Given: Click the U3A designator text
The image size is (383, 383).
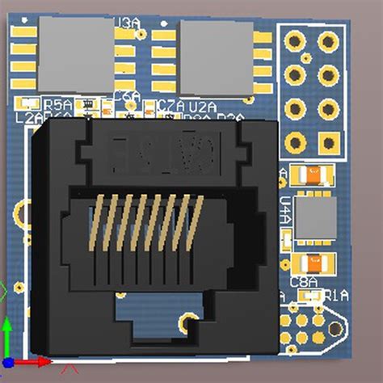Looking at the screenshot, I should [127, 23].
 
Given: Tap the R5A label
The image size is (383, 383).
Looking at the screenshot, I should [58, 104].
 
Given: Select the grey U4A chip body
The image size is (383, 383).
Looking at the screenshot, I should [314, 217].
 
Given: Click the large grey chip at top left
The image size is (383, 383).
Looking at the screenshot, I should [76, 53].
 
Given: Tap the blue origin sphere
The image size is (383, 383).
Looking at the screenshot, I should [7, 364].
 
